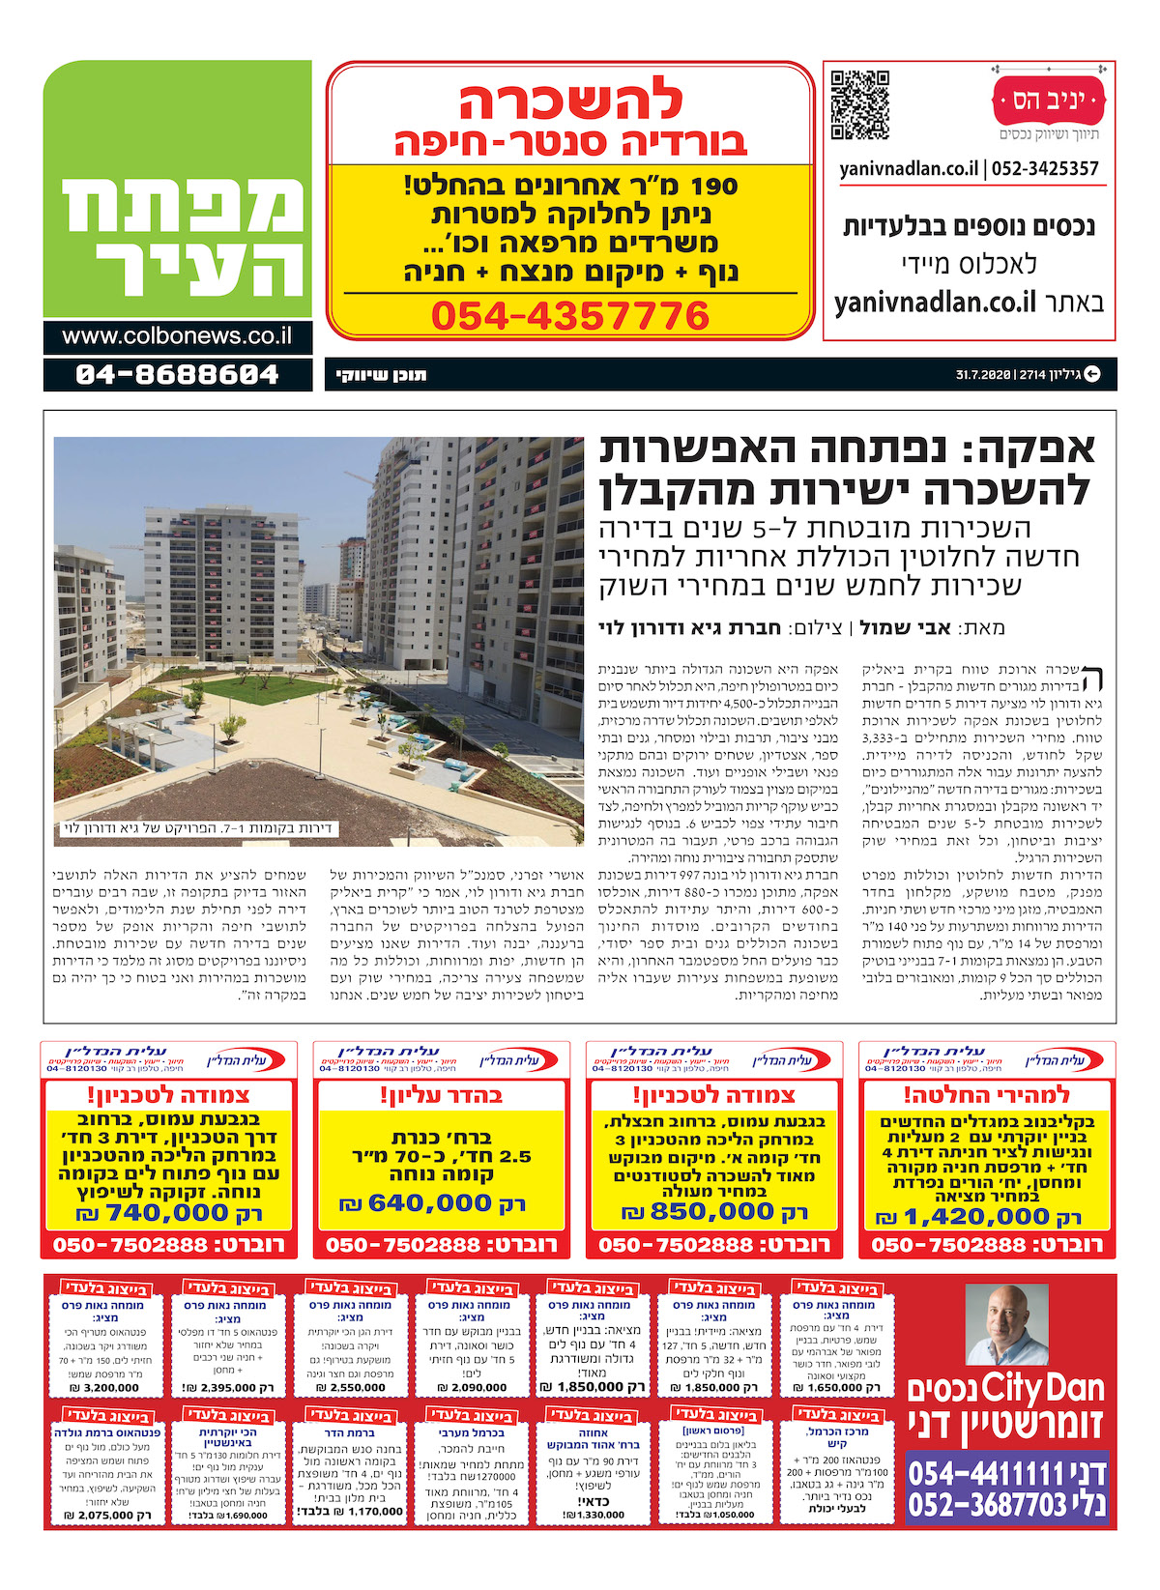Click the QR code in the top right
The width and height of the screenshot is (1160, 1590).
coord(859,104)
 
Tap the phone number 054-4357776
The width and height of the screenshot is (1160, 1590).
coord(570,316)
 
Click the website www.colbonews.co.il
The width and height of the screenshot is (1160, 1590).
coord(177,336)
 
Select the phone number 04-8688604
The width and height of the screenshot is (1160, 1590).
coord(177,374)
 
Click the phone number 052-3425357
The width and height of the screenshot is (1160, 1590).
coord(1047,169)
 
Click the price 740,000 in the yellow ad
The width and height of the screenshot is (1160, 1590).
coord(166,1213)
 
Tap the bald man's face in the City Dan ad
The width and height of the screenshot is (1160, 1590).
coord(1005,1325)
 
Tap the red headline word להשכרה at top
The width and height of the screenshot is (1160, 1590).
coord(570,101)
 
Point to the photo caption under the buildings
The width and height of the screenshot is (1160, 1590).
coord(197,828)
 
